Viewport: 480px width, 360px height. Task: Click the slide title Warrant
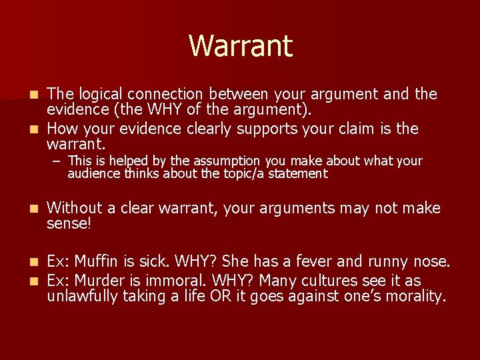point(240,46)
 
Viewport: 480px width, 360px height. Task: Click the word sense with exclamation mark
point(68,224)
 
